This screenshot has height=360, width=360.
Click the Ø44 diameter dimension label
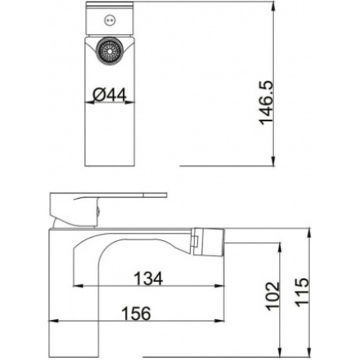point(110,95)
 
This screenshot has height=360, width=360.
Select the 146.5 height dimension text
point(265,103)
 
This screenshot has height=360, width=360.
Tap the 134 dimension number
point(148,279)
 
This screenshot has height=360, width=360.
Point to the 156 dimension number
point(136,313)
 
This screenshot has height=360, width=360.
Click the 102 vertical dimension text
point(272,296)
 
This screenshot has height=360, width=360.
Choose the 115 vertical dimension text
point(302,292)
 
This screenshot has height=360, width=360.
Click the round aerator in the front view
point(110,50)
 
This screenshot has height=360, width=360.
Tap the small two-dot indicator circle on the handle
point(110,20)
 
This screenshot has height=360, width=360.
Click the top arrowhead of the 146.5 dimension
point(273,6)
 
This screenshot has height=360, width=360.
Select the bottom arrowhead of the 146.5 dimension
point(273,161)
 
